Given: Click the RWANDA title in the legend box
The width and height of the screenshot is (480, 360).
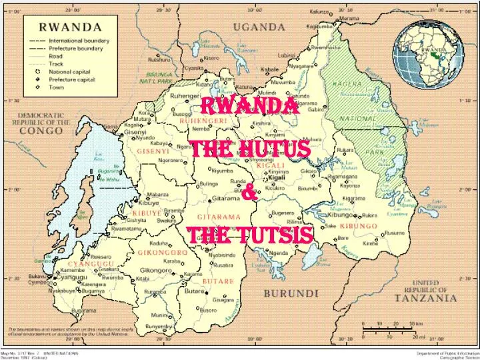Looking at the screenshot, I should pyautogui.click(x=69, y=27).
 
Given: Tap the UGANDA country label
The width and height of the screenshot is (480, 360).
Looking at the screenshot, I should pyautogui.click(x=259, y=27).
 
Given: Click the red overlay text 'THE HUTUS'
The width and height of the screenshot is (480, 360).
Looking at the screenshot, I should pyautogui.click(x=250, y=149).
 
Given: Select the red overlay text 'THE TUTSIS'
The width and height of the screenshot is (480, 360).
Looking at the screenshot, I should pyautogui.click(x=249, y=235).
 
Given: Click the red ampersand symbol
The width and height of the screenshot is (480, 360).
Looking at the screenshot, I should pyautogui.click(x=249, y=193).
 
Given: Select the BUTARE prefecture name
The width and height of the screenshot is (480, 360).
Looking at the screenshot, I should pyautogui.click(x=218, y=281).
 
